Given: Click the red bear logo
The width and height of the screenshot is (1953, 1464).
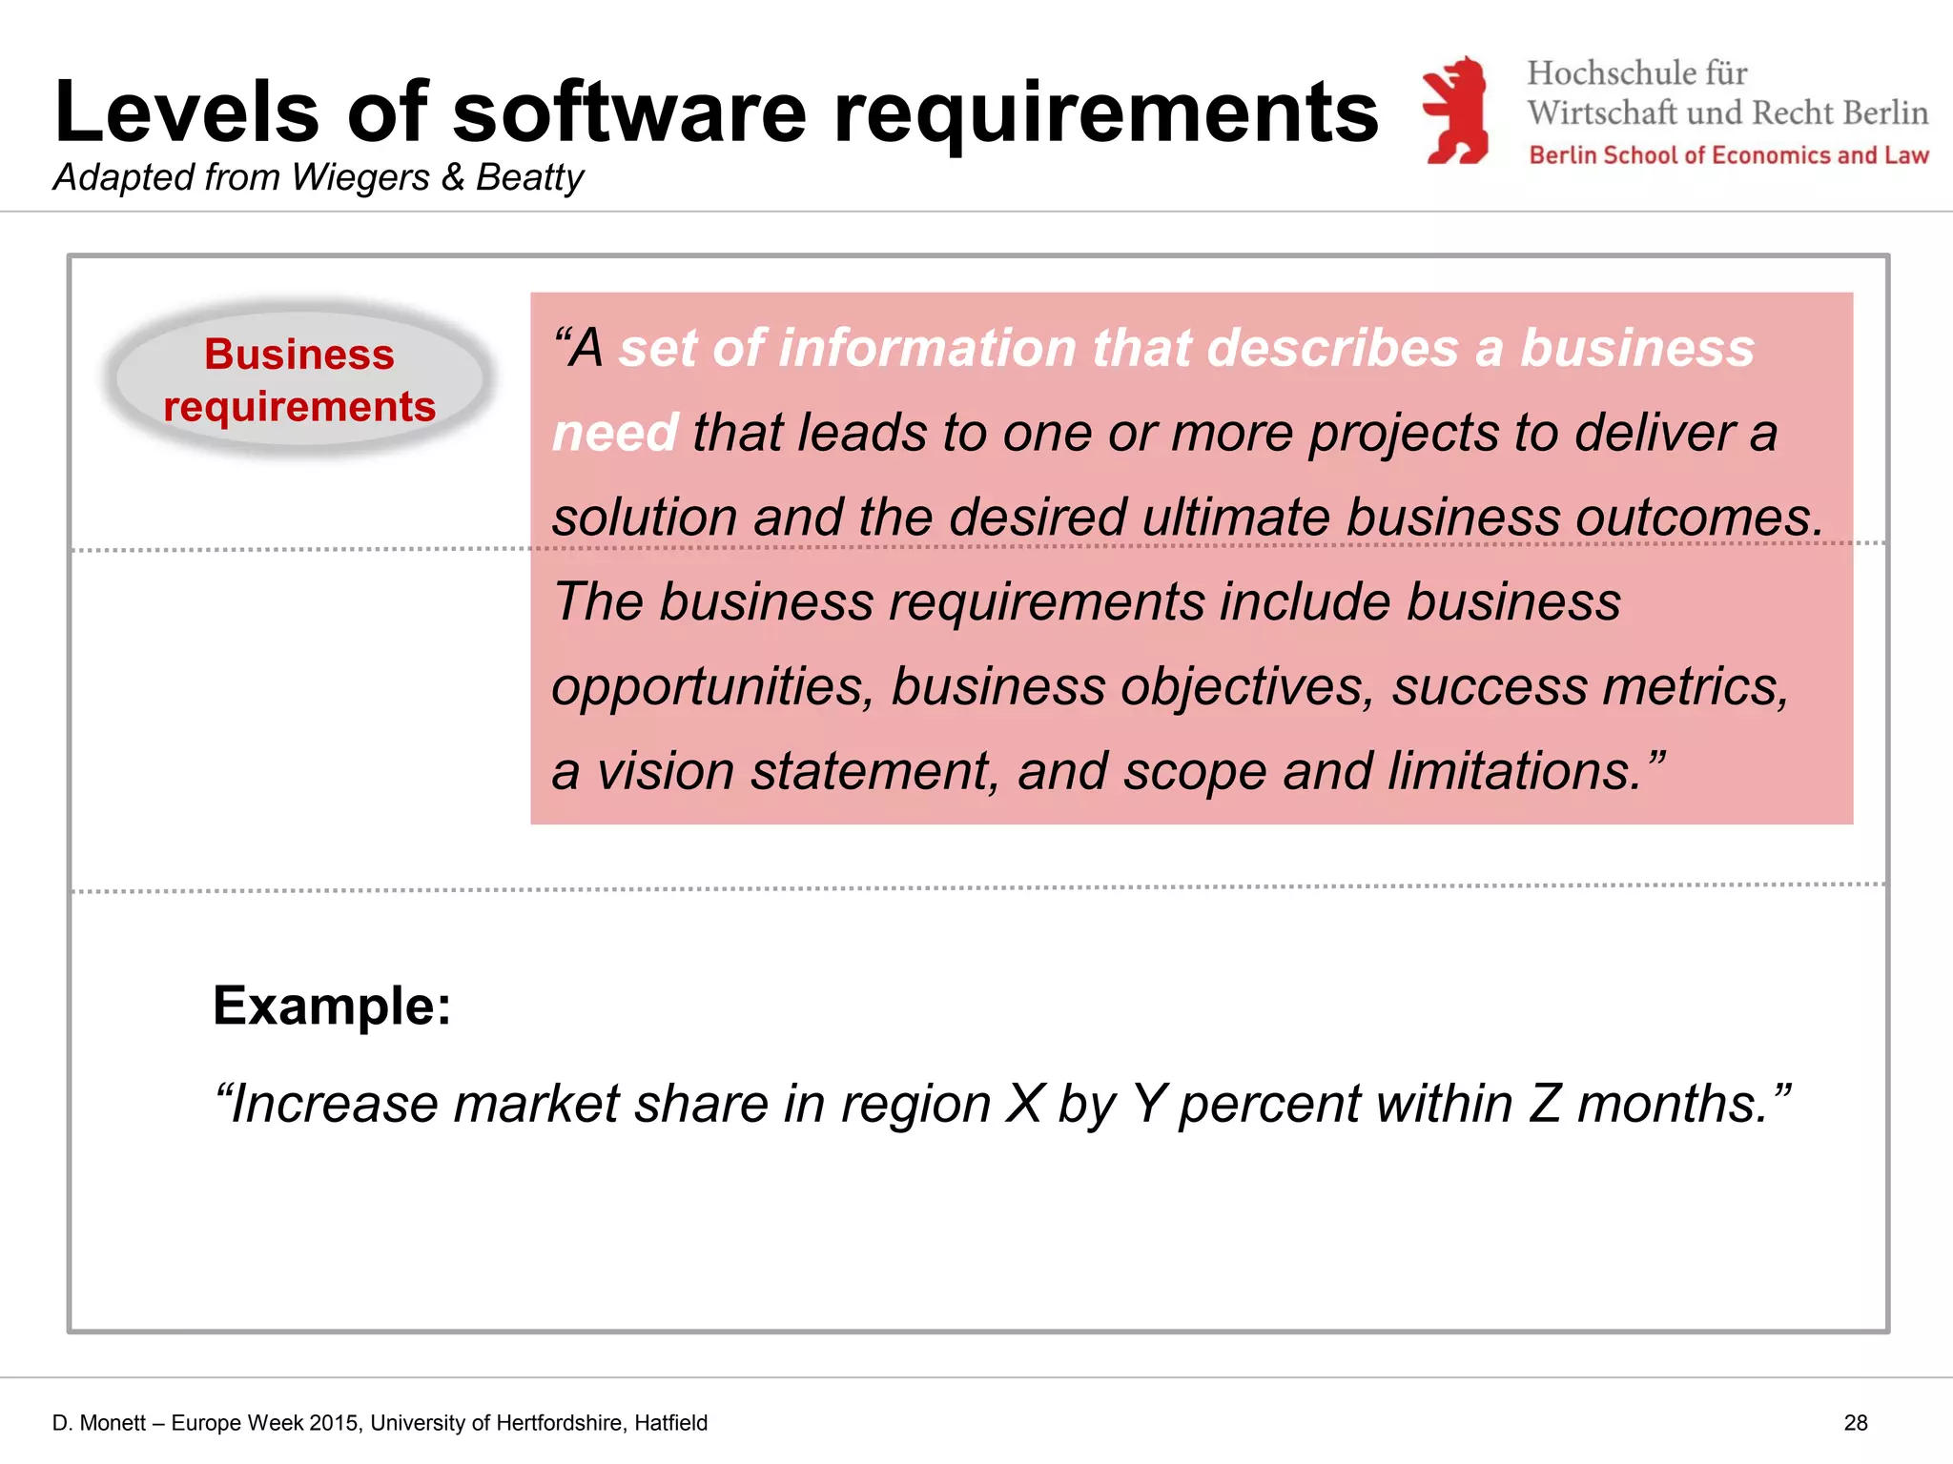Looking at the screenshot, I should (x=1455, y=110).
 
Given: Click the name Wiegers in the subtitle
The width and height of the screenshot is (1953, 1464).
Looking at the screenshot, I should (x=360, y=177).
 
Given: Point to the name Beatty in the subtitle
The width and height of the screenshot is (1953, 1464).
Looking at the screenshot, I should (x=529, y=177).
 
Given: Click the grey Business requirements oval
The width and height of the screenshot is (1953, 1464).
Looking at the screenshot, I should (x=299, y=379).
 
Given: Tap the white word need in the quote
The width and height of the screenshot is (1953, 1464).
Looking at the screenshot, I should (x=615, y=433).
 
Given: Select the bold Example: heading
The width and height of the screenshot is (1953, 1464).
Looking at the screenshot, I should (x=332, y=1006).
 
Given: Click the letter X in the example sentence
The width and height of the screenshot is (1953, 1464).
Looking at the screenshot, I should (x=1025, y=1104).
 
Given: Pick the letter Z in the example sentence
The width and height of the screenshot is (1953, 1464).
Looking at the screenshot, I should (x=1544, y=1104).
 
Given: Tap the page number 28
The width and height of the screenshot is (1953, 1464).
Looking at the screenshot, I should (x=1855, y=1423).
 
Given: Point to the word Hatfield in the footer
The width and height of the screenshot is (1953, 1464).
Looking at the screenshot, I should (x=670, y=1423).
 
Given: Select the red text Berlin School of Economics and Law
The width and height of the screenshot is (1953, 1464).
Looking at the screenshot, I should (x=1728, y=155).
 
